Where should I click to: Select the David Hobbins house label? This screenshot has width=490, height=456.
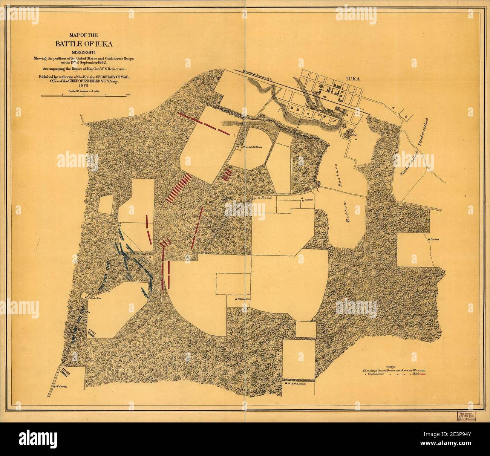pyautogui.click(x=252, y=147)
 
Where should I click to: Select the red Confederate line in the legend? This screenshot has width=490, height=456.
pyautogui.click(x=425, y=373)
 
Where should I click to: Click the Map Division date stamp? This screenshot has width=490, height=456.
pyautogui.click(x=469, y=416)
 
